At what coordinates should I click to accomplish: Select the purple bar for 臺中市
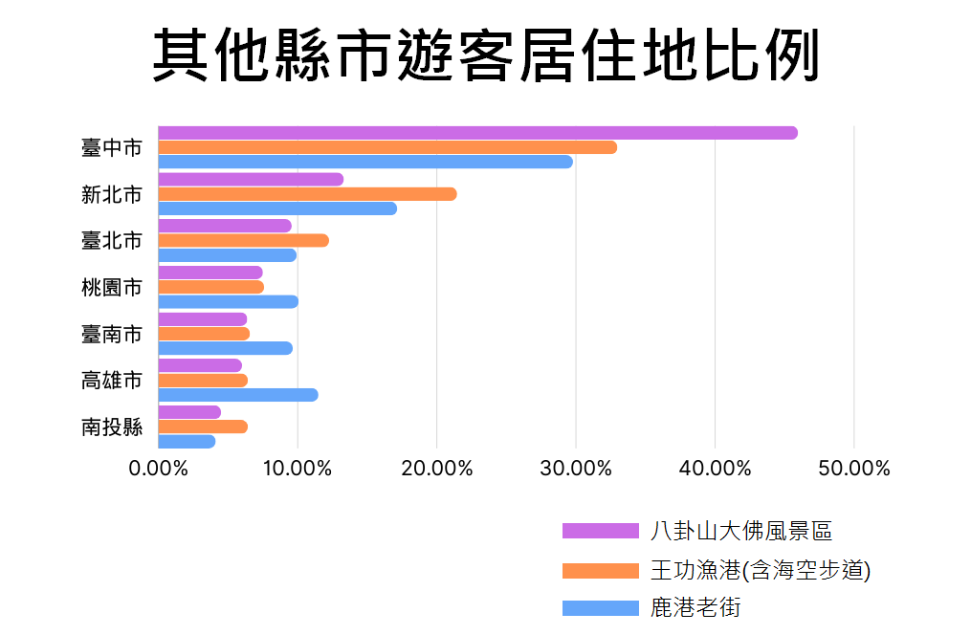476,133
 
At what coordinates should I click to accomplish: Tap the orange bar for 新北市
306,194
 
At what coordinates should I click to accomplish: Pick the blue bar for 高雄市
237,395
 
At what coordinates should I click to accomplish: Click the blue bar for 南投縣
187,441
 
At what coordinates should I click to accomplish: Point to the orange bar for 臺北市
243,240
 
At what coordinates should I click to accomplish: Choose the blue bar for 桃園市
228,302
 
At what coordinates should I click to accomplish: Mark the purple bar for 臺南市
202,319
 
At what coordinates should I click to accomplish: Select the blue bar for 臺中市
364,162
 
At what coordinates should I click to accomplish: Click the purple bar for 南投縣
189,412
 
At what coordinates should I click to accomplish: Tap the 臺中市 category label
112,148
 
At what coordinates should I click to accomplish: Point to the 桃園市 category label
112,287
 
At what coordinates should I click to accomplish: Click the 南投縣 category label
112,427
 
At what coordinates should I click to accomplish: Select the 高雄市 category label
112,381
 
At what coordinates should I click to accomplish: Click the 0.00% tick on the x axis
158,469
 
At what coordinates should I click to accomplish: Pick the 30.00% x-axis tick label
575,469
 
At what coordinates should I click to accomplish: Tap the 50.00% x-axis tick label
853,469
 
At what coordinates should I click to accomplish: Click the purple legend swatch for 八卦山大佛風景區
600,531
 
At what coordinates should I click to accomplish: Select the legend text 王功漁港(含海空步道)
760,570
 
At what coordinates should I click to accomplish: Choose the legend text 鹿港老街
695,607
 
